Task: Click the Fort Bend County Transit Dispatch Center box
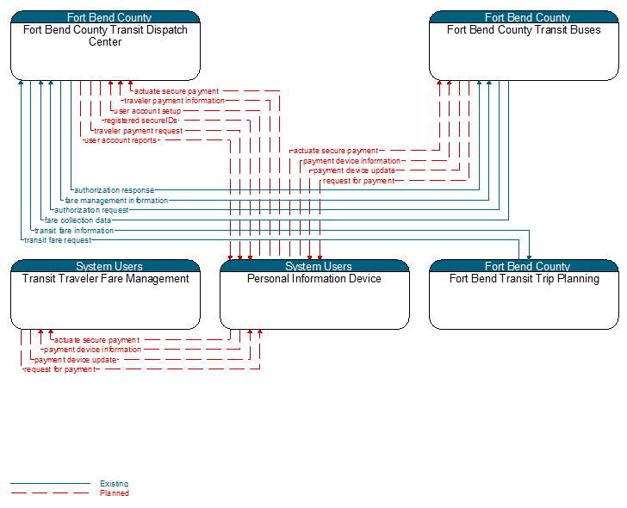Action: point(105,46)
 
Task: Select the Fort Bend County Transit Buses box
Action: point(524,46)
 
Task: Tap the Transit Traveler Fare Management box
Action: point(105,294)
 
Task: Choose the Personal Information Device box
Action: point(314,294)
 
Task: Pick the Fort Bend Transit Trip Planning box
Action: point(524,294)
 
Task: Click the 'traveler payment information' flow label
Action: point(174,101)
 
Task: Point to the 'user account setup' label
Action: point(147,111)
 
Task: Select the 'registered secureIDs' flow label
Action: point(140,121)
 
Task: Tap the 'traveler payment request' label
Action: point(139,131)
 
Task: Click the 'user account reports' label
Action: point(121,140)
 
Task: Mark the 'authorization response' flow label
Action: point(114,190)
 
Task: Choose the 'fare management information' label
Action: point(116,201)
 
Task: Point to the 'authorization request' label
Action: point(91,210)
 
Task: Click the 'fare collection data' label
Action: point(78,220)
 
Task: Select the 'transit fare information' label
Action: point(74,231)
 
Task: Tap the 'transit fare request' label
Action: point(58,240)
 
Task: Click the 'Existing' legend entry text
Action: point(114,484)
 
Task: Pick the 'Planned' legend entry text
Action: point(115,493)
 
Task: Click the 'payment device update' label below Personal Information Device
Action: point(76,360)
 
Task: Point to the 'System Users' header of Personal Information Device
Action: point(319,266)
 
